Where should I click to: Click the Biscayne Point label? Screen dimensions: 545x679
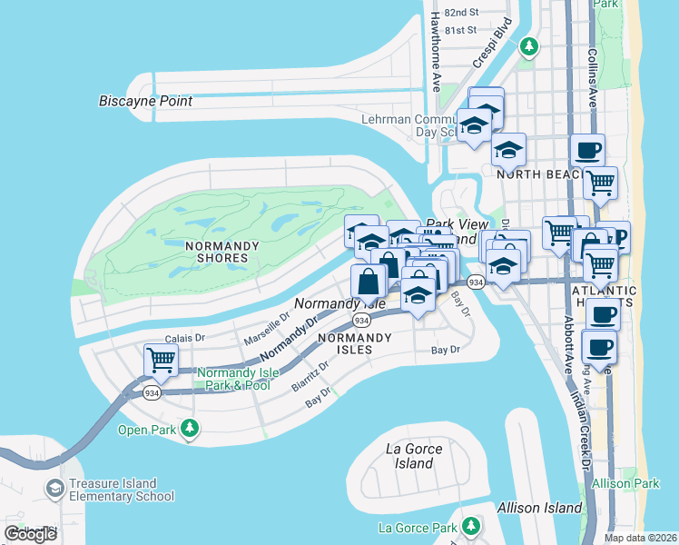pos(145,101)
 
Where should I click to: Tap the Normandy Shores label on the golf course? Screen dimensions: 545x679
pos(222,252)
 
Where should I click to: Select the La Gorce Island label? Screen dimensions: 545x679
pos(414,456)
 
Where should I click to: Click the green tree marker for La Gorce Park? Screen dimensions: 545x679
pos(470,526)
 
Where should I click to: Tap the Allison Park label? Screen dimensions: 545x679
pos(625,484)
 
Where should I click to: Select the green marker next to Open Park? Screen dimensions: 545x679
pos(189,427)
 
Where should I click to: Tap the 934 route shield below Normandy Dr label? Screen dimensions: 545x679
pos(361,321)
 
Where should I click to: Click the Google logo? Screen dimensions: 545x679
pos(31,534)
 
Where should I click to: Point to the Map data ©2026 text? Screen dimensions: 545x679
pos(641,538)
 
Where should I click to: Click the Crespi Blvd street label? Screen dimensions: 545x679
pos(487,46)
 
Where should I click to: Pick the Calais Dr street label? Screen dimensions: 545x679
pos(188,337)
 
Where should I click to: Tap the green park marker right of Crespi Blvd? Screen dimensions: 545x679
pos(529,45)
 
